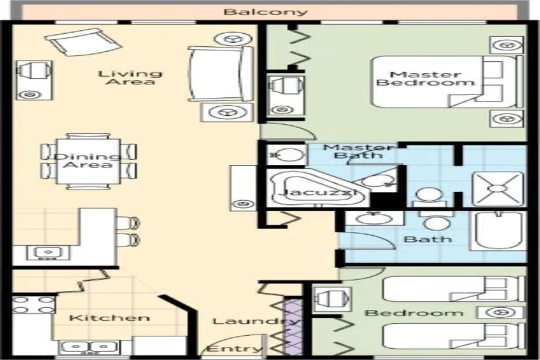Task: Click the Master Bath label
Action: pyautogui.click(x=360, y=151)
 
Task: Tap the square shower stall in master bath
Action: pyautogui.click(x=498, y=188)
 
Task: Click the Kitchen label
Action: pyautogui.click(x=109, y=318)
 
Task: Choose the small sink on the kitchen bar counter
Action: pyautogui.click(x=47, y=253)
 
